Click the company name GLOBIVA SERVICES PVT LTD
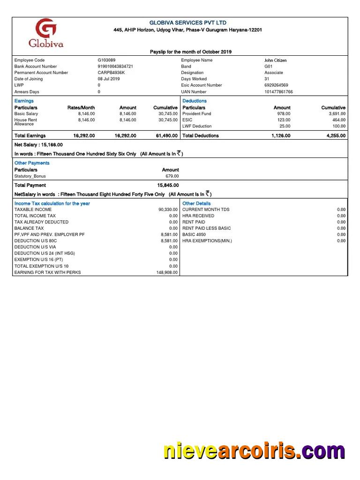[x=187, y=23]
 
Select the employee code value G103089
[x=106, y=60]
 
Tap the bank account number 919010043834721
[x=115, y=67]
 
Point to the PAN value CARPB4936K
[x=111, y=73]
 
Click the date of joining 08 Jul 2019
[x=108, y=79]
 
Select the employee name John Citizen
[x=275, y=60]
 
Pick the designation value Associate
[x=273, y=73]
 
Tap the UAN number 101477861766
[x=278, y=92]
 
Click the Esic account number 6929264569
[x=276, y=85]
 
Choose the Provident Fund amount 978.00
[x=284, y=114]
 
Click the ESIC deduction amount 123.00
[x=284, y=120]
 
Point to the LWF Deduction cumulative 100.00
[x=339, y=126]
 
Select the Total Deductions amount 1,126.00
[x=281, y=136]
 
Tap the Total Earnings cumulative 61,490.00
[x=166, y=136]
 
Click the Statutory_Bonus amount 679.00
[x=172, y=176]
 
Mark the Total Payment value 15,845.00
[x=168, y=186]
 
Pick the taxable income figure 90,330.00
[x=168, y=210]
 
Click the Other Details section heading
[x=196, y=203]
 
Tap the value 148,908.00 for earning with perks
[x=167, y=272]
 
